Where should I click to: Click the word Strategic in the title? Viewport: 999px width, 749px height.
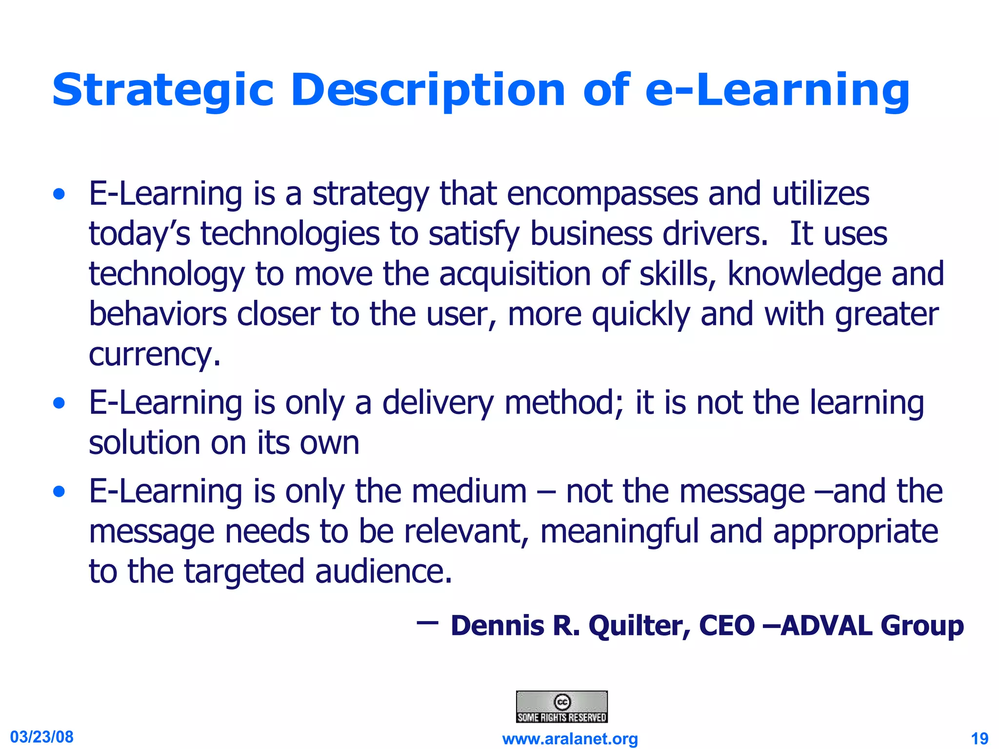[163, 90]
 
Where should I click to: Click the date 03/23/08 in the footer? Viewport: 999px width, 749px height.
[42, 736]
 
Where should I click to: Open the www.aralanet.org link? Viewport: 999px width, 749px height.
[570, 739]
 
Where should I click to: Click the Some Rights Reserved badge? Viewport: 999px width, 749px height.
[561, 707]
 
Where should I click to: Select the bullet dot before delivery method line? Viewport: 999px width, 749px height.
[59, 404]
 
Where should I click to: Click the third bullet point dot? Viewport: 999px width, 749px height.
[59, 492]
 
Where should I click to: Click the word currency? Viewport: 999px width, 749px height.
[155, 355]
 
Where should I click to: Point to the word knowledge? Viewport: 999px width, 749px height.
[804, 274]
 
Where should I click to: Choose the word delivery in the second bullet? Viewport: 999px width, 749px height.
[438, 403]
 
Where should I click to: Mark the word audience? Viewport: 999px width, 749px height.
[383, 572]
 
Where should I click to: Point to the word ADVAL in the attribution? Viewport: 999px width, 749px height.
[826, 626]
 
